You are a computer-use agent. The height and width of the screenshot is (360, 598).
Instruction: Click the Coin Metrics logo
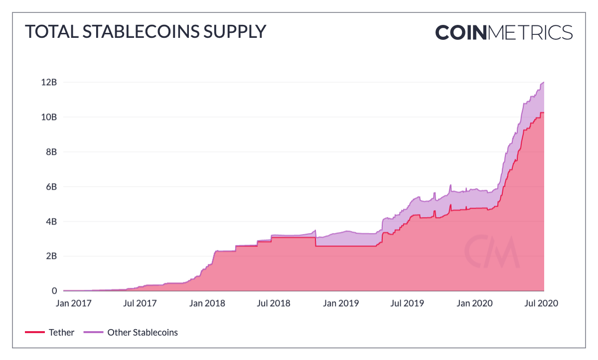(504, 32)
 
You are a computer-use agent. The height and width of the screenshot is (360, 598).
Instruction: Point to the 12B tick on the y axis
(48, 82)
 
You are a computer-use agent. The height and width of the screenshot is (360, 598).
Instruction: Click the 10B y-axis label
(48, 117)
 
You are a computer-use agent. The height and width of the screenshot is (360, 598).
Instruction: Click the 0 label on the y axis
(54, 291)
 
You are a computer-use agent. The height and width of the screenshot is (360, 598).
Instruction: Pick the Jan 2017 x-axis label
(74, 303)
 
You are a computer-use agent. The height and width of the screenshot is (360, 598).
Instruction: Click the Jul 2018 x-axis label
(274, 303)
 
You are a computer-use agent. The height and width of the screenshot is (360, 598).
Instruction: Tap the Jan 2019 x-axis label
(340, 303)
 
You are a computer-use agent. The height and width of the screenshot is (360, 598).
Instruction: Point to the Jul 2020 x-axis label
(540, 303)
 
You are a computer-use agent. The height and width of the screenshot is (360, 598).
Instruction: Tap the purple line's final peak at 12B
(543, 82)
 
